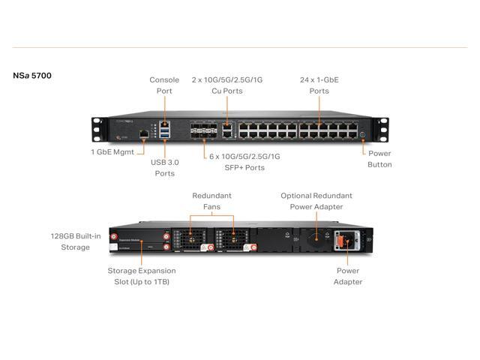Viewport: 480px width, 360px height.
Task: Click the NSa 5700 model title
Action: (32, 76)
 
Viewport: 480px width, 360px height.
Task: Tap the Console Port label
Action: (164, 85)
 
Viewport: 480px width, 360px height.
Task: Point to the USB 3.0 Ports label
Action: (164, 168)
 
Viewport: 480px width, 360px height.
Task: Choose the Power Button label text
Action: (379, 158)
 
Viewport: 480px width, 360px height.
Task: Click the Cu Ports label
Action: (226, 85)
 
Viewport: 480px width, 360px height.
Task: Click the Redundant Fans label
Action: (211, 201)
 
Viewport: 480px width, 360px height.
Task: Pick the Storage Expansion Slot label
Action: (141, 275)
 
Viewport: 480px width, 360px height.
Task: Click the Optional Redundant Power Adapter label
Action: (316, 201)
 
